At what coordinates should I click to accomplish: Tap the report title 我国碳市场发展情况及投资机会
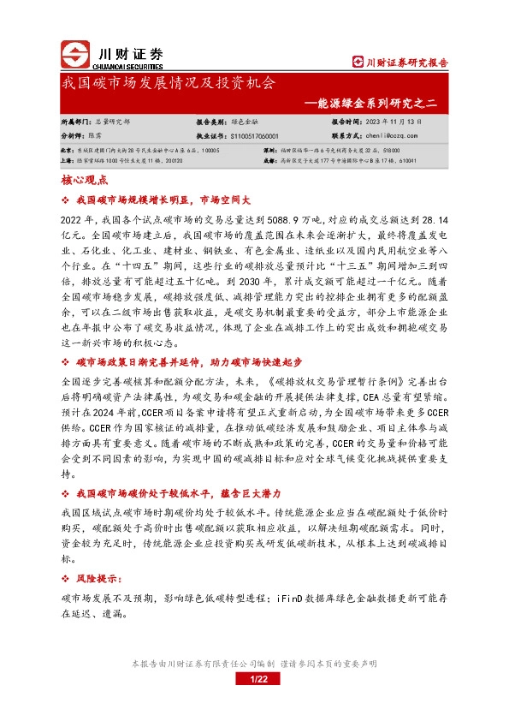pyautogui.click(x=169, y=84)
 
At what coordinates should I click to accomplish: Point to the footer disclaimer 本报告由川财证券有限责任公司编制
pyautogui.click(x=203, y=664)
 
